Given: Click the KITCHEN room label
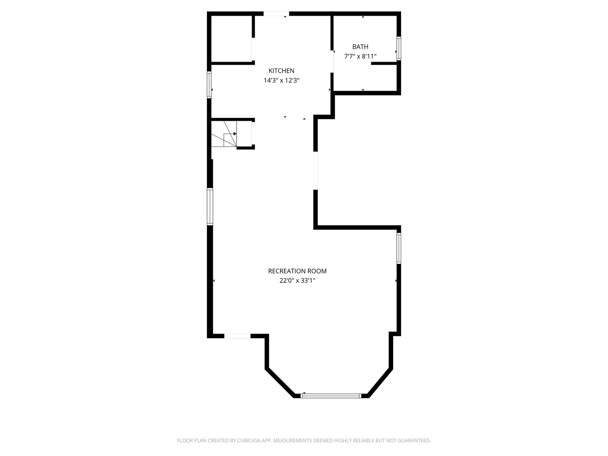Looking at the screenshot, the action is (x=281, y=71).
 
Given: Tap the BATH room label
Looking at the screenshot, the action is (x=360, y=46).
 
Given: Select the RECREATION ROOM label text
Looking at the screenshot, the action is (x=297, y=271).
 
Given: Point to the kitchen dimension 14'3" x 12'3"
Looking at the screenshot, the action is (x=282, y=80).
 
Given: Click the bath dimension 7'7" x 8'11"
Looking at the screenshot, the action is (x=360, y=57).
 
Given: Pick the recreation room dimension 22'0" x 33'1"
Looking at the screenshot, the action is (x=297, y=281).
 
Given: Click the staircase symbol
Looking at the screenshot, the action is (x=224, y=134).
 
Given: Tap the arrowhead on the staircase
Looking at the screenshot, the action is (x=235, y=134).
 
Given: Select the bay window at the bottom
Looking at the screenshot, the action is (x=331, y=396).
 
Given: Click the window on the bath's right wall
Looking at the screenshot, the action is (x=399, y=49).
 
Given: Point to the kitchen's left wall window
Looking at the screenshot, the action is (x=209, y=85).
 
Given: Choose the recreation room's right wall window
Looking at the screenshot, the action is (x=399, y=248).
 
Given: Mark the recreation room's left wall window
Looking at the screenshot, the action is (x=210, y=206).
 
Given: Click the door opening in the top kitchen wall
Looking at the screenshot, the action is (x=276, y=14).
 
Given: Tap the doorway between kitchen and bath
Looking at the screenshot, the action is (x=332, y=62).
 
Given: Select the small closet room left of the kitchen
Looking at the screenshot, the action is (x=231, y=39).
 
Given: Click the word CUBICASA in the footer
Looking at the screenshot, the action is (x=249, y=440).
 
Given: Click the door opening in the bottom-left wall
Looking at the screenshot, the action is (x=237, y=336).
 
